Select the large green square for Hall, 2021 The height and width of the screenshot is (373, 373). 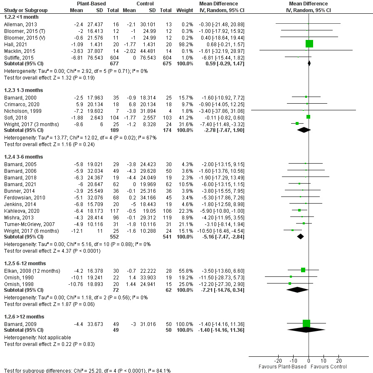pyautogui.click(x=309, y=43)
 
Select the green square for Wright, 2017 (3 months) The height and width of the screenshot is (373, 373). pyautogui.click(x=297, y=123)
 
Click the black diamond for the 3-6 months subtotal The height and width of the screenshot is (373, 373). pyautogui.click(x=301, y=236)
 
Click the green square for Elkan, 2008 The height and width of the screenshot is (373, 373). pyautogui.click(x=303, y=270)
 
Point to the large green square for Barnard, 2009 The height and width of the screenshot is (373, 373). pyautogui.click(x=306, y=323)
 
